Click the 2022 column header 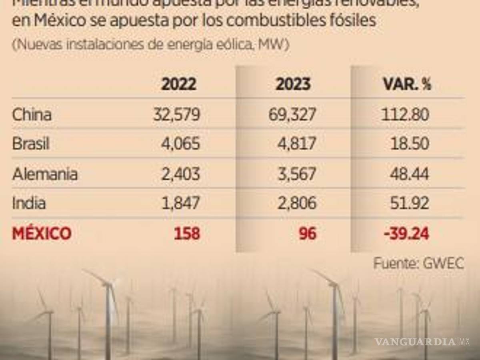click(x=178, y=84)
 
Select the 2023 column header click(x=293, y=84)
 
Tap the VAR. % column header click(x=407, y=84)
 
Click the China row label click(x=32, y=115)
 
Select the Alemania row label click(x=45, y=174)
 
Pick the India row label click(x=29, y=203)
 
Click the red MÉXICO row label click(x=42, y=233)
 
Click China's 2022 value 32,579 click(x=176, y=115)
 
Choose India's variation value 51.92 click(x=410, y=203)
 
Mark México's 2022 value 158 click(x=187, y=233)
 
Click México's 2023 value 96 click(x=307, y=233)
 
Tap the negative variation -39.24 click(x=406, y=233)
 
